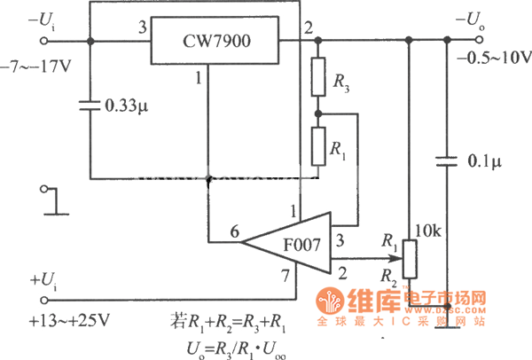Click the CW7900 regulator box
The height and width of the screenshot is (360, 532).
214,39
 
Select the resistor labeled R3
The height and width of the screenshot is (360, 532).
318,78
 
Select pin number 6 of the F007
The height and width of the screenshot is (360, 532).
234,232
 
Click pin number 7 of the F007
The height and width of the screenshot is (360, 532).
286,278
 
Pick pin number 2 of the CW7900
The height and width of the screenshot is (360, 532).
308,27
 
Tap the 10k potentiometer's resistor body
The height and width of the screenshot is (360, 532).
408,259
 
